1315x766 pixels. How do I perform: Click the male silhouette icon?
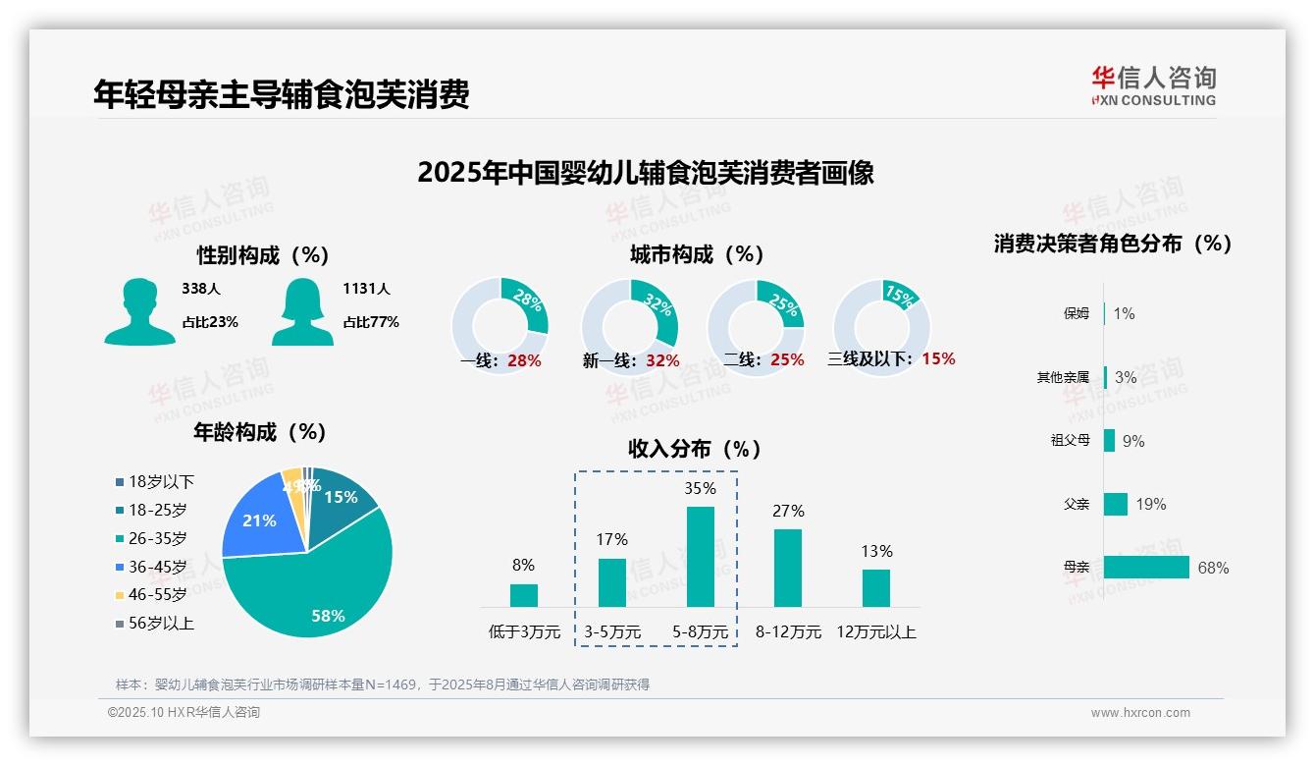pos(139,311)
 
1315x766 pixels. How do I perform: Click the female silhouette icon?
pos(302,311)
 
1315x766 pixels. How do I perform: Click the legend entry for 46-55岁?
pos(151,595)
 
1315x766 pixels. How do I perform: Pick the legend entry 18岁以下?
pos(155,482)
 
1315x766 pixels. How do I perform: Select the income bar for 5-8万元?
pos(700,557)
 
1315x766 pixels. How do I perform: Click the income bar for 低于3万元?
pos(523,595)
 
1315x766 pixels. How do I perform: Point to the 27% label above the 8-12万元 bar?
pos(788,511)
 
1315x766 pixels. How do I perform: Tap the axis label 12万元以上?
pos(875,632)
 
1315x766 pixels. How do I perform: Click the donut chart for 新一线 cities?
pos(629,326)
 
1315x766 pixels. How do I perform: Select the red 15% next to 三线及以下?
pos(938,358)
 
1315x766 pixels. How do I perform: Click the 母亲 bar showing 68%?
pos(1145,568)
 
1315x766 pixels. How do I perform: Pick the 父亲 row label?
pos(1077,504)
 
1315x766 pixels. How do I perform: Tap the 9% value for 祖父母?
pos(1133,441)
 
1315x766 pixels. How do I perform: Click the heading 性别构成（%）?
pos(263,255)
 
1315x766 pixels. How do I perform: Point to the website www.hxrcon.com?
pos(1140,713)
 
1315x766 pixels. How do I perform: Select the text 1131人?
pos(366,289)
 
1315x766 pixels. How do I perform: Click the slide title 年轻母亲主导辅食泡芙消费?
pos(281,93)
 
